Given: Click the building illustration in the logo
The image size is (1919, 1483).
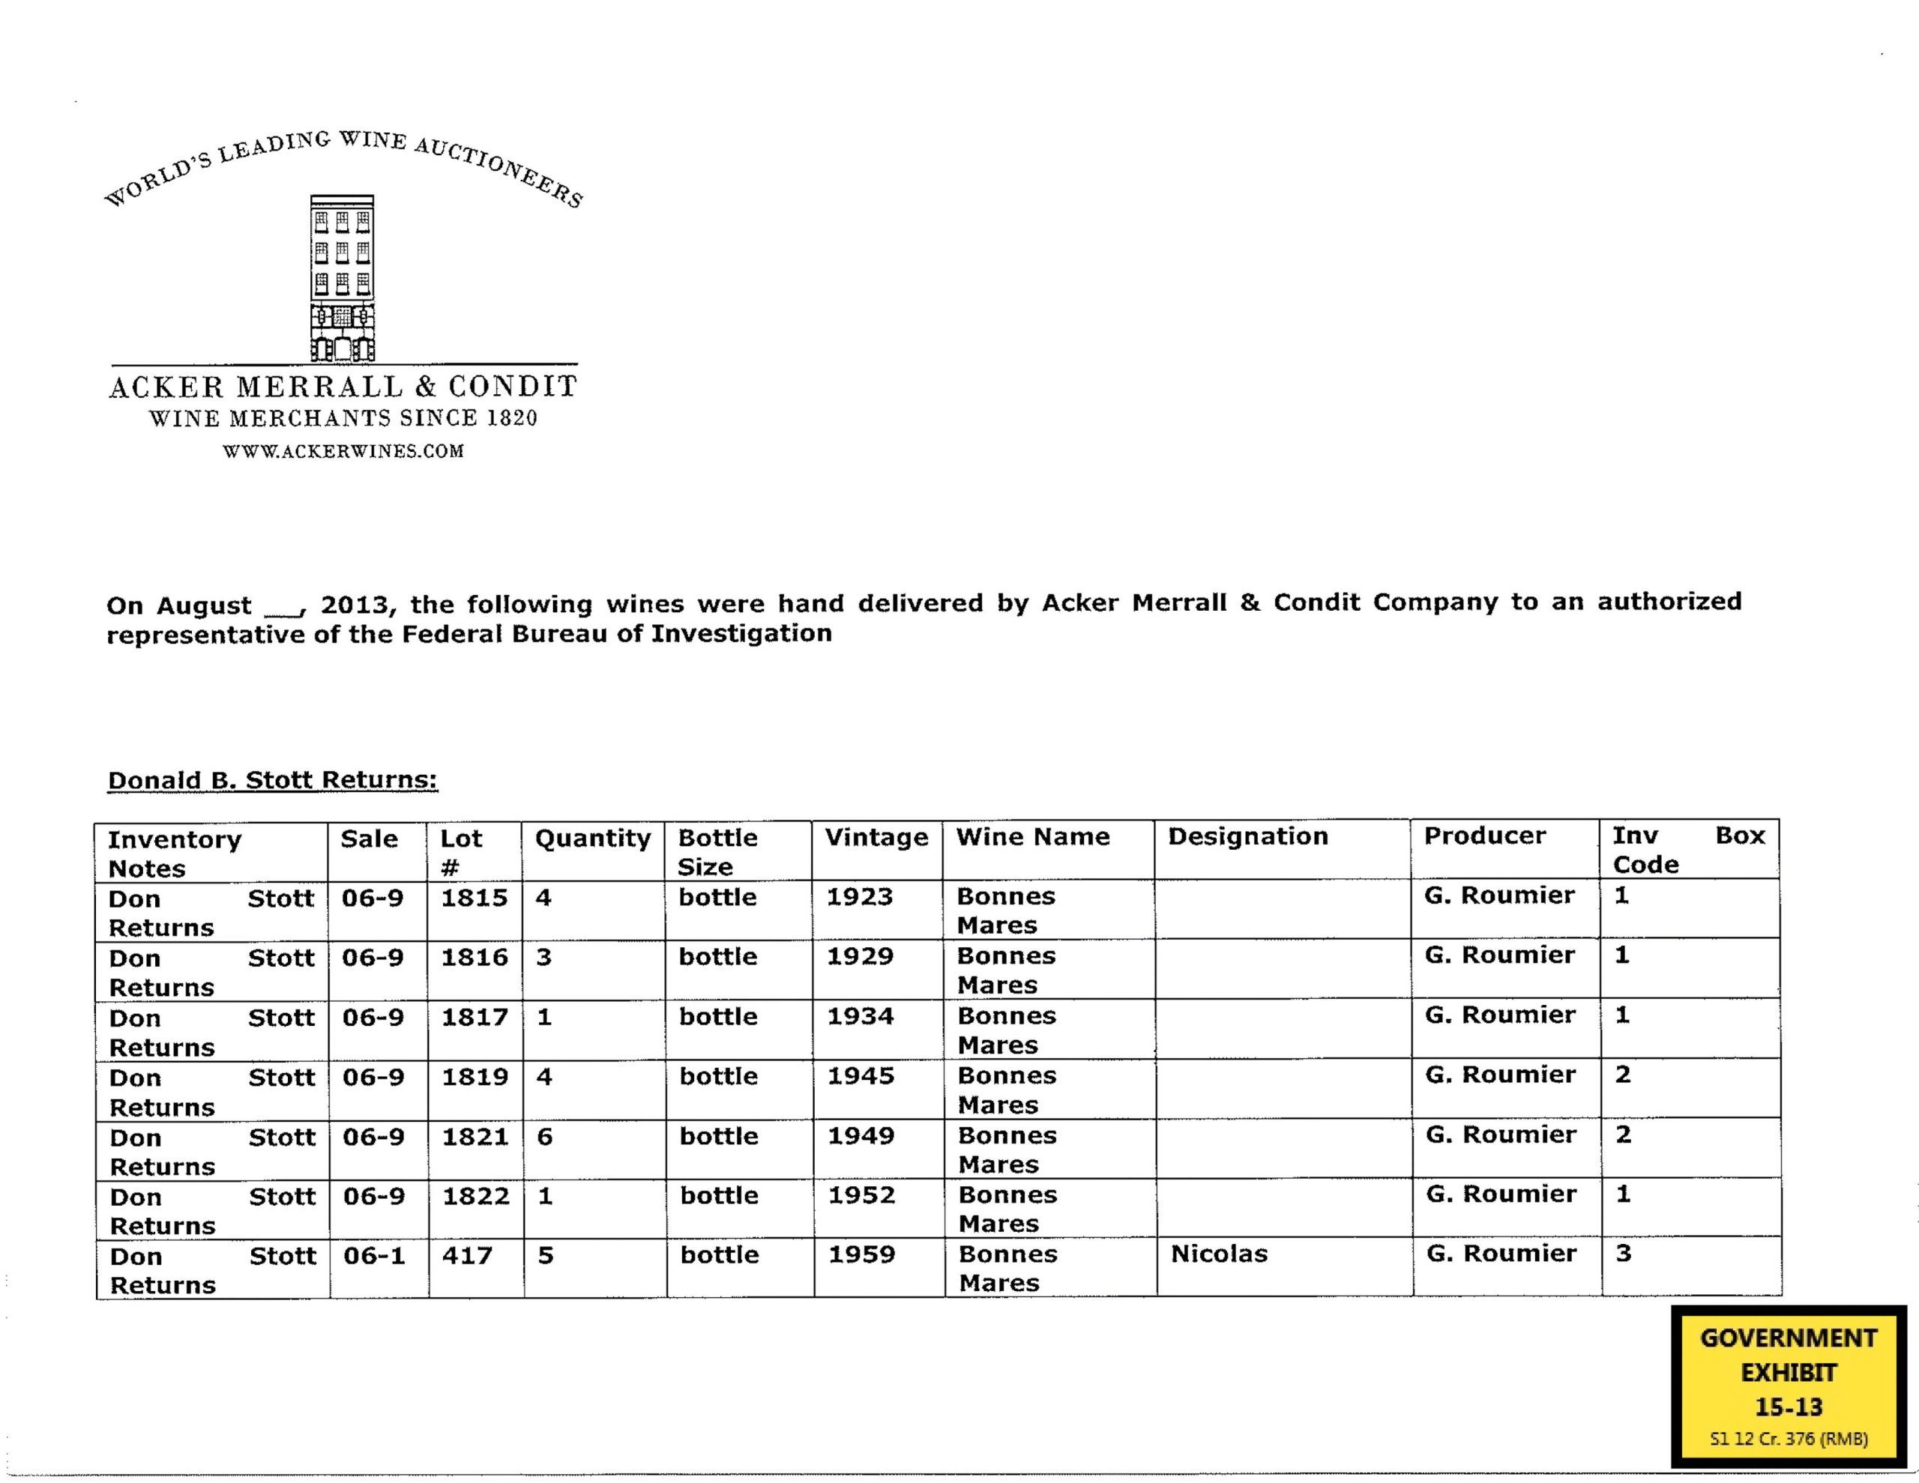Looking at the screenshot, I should coord(343,277).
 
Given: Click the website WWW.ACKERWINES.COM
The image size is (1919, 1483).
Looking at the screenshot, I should coord(343,452).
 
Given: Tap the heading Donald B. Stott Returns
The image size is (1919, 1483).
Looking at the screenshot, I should coord(272,780).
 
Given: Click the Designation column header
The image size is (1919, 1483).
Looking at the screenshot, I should coord(1247,836).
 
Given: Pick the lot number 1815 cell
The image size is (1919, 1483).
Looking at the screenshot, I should coord(475,898).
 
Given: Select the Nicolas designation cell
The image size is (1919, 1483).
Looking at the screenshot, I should coord(1219,1254).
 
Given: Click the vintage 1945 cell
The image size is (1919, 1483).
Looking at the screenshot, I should coord(861,1076).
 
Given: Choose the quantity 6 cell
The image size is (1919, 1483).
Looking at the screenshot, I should coord(545,1137).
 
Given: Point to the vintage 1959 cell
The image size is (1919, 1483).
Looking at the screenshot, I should coord(861,1254).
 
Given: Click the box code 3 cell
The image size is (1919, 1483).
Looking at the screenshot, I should coord(1623,1254).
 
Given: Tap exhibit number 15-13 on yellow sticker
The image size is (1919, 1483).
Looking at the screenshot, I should coord(1788,1407).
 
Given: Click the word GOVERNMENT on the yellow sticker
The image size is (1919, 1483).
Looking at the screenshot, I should coord(1788,1339).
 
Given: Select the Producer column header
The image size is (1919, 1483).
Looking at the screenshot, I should coord(1485,836).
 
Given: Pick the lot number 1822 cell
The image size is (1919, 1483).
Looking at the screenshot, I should coord(475,1197).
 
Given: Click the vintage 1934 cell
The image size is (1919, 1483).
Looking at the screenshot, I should coord(861,1016).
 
